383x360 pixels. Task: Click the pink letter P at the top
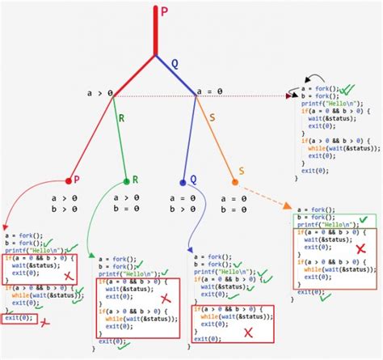point(164,11)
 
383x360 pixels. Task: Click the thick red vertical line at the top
point(155,28)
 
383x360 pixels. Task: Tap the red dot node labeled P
point(68,181)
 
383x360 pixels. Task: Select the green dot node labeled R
point(126,181)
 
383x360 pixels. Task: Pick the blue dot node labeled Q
point(183,182)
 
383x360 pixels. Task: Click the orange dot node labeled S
point(235,182)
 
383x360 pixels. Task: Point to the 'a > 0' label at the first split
point(99,94)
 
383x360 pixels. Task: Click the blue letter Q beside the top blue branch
point(174,62)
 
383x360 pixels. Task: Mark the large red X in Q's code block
point(248,332)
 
